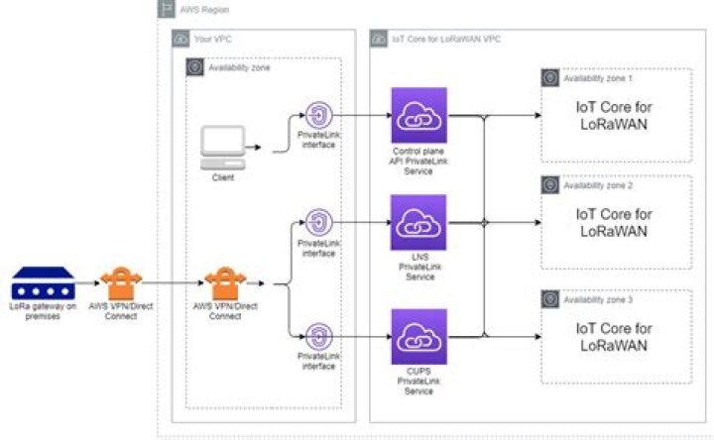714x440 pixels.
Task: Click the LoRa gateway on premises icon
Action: point(43,282)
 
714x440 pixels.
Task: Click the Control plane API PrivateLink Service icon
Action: point(419,116)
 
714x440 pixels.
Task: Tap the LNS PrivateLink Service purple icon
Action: point(419,223)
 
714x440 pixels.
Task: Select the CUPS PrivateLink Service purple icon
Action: point(419,337)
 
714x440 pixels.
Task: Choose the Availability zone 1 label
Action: point(597,76)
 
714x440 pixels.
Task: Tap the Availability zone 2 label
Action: point(597,185)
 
